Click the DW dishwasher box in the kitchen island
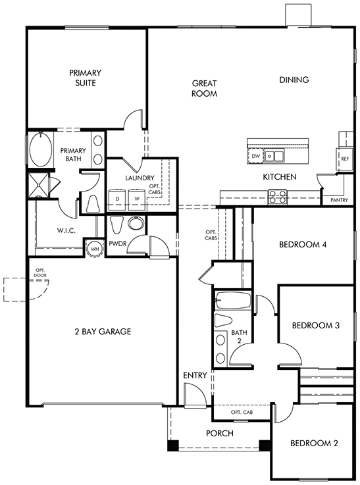coord(255,156)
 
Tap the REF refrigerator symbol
coord(345,159)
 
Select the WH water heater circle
coord(94,248)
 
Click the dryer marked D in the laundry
coord(117,199)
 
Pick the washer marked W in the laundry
coord(137,199)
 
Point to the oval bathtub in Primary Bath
coord(41,149)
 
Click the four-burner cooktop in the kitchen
coord(278,197)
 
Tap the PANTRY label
coord(340,200)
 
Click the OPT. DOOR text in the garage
coord(40,273)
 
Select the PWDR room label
coord(118,243)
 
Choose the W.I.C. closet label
coord(66,230)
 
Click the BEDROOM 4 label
coord(303,245)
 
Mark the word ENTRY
coord(195,376)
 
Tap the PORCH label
coord(220,434)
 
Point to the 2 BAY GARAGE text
coord(103,332)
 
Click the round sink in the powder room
coord(136,223)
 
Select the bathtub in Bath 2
coord(233,301)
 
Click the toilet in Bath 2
coord(223,320)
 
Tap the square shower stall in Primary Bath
coord(38,185)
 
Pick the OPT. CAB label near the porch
coord(242,412)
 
